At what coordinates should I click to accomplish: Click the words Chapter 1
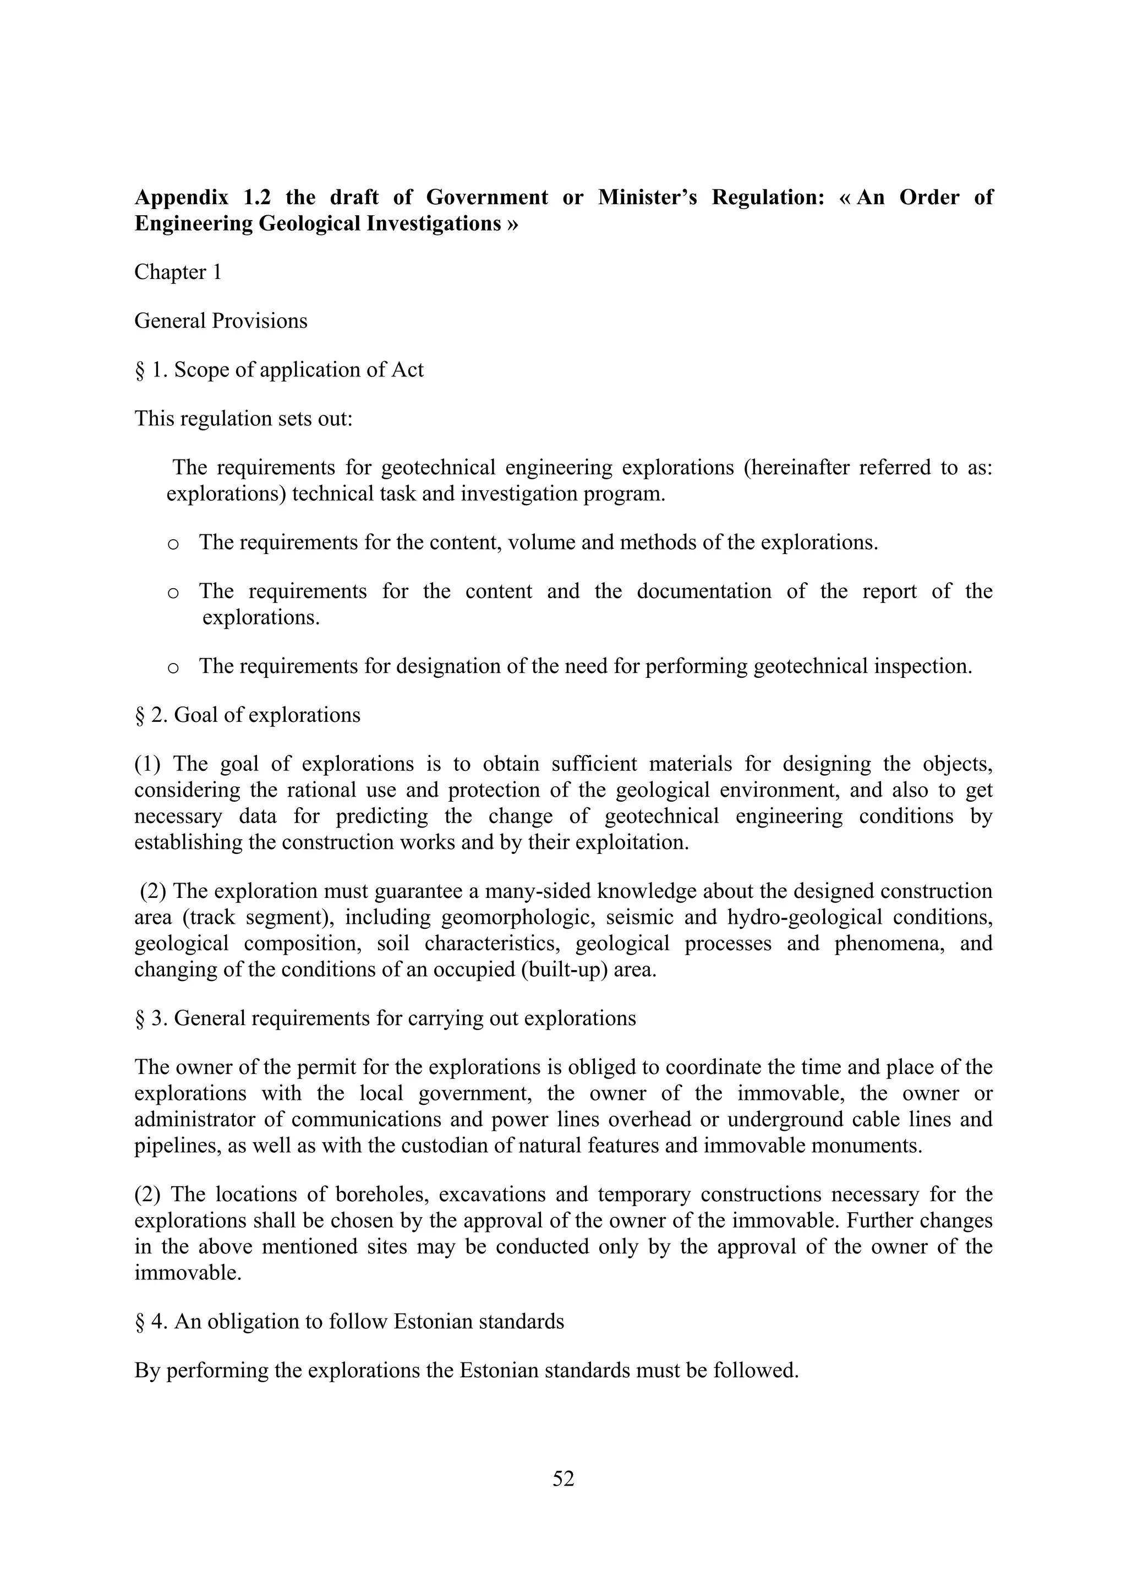pyautogui.click(x=178, y=272)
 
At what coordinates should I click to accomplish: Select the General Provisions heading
pyautogui.click(x=221, y=321)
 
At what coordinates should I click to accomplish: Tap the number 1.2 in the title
pyautogui.click(x=257, y=198)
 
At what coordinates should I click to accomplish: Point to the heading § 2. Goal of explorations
pyautogui.click(x=247, y=715)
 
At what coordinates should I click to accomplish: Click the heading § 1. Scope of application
pyautogui.click(x=278, y=370)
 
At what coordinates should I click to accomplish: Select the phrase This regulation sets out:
pyautogui.click(x=244, y=419)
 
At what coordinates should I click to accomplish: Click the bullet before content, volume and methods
pyautogui.click(x=173, y=544)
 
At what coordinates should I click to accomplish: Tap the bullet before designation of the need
pyautogui.click(x=173, y=668)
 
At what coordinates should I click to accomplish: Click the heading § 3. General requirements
pyautogui.click(x=385, y=1018)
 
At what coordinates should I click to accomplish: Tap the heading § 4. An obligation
pyautogui.click(x=348, y=1321)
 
